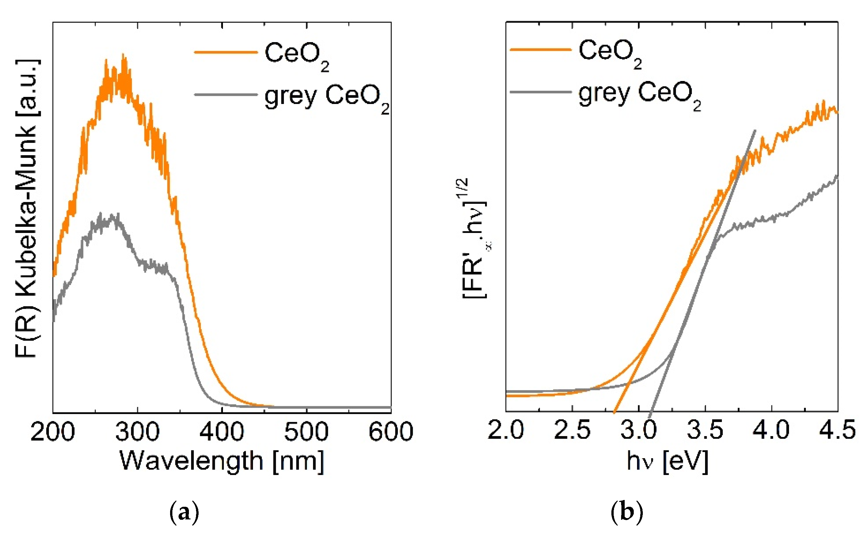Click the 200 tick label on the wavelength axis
(x=52, y=432)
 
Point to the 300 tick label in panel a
(x=137, y=432)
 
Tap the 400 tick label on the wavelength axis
(x=221, y=432)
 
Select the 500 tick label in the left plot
(x=306, y=432)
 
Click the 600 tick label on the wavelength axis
(x=390, y=432)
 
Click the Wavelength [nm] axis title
(x=222, y=461)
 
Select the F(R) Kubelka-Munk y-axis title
(x=28, y=208)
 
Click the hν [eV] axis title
(x=667, y=461)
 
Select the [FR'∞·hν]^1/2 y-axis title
(x=475, y=238)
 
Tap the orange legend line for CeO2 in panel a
(x=226, y=52)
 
